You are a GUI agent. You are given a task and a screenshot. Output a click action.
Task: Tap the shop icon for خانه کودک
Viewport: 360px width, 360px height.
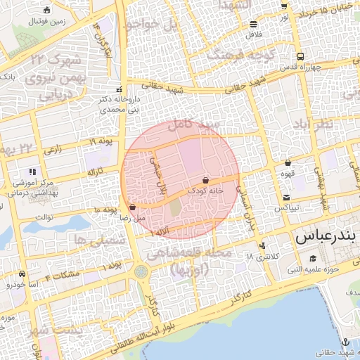[205, 181]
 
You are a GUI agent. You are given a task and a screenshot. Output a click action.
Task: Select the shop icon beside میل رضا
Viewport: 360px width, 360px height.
[133, 207]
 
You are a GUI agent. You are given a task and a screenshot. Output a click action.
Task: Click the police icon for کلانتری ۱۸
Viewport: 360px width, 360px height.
[262, 246]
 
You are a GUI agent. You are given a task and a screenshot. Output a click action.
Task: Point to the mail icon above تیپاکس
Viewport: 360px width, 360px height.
[287, 198]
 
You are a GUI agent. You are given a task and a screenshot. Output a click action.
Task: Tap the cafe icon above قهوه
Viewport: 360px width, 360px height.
[288, 162]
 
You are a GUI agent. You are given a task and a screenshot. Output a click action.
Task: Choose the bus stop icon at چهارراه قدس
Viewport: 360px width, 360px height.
[301, 56]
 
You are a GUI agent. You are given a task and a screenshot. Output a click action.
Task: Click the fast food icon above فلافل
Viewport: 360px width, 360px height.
[252, 24]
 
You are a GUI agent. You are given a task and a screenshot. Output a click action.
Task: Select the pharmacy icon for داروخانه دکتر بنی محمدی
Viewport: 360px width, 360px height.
[119, 90]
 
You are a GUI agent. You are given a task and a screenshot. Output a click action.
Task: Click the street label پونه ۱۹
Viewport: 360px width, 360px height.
[101, 142]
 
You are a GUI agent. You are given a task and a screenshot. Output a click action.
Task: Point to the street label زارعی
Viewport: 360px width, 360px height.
[52, 150]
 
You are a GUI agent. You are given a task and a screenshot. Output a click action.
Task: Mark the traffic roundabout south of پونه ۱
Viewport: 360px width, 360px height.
[142, 271]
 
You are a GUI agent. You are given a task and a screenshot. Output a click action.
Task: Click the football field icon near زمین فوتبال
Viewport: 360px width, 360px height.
[46, 10]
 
